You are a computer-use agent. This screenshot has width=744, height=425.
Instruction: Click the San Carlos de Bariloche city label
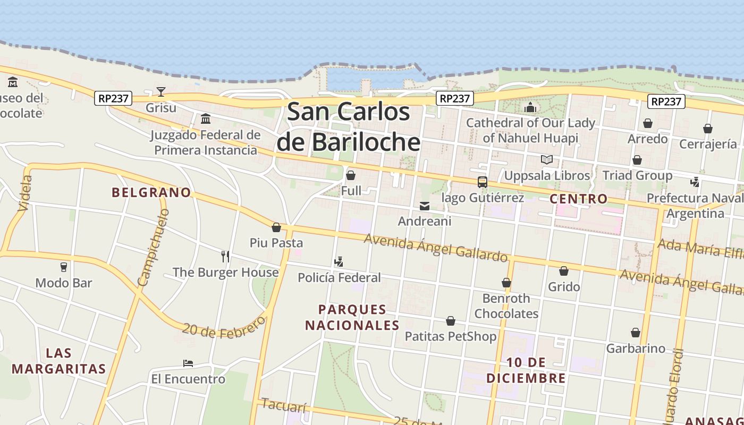349,127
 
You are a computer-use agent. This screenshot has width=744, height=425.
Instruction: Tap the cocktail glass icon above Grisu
161,92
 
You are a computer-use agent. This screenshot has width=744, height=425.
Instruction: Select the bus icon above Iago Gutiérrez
483,182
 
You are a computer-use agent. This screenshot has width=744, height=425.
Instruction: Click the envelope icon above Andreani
425,206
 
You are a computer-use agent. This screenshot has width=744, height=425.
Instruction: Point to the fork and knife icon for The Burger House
225,257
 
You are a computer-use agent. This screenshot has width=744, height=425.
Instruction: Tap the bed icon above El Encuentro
188,363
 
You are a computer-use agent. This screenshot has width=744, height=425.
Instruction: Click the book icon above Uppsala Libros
546,159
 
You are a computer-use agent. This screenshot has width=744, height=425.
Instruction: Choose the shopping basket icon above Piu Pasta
276,227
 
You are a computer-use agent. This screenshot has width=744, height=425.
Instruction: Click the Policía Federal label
339,277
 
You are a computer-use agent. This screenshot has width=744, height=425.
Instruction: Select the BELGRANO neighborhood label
151,192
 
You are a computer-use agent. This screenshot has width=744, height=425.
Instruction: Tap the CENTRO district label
579,199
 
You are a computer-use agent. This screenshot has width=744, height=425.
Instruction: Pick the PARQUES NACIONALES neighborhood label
352,317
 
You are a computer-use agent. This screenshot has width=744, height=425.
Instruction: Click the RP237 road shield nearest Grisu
113,98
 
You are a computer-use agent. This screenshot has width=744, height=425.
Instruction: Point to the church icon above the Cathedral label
530,108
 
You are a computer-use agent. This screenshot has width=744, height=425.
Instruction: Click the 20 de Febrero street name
224,327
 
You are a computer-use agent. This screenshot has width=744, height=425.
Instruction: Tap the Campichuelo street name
154,246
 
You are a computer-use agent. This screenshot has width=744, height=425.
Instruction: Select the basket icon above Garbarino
636,333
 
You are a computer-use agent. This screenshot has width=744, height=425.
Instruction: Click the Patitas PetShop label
451,336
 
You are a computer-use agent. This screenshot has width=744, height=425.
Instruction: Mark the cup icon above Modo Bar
64,267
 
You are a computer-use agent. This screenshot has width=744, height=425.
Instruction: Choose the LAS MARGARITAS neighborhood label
59,361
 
